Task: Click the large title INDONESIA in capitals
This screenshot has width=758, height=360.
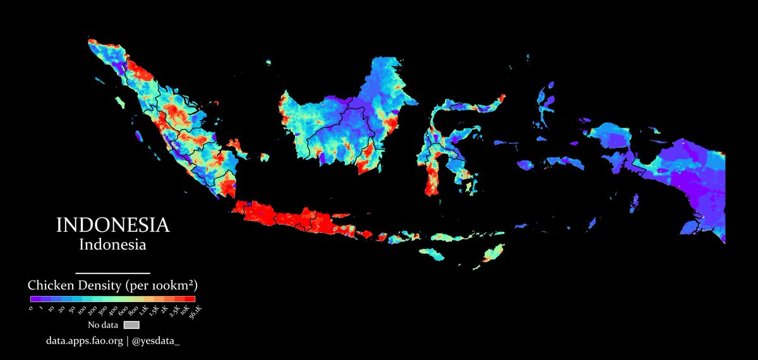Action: click(112, 225)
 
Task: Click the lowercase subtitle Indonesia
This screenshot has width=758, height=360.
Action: click(112, 244)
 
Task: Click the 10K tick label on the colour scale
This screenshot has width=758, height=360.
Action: click(184, 309)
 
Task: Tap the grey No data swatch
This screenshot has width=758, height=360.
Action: click(131, 325)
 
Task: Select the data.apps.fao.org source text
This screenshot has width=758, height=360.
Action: click(83, 341)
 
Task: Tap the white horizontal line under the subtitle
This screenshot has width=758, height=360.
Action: click(112, 273)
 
